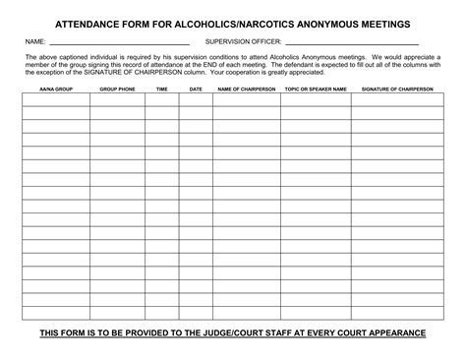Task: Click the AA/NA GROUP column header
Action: pyautogui.click(x=55, y=89)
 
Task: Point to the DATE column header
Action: pyautogui.click(x=196, y=89)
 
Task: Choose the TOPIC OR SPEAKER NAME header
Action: pyautogui.click(x=316, y=89)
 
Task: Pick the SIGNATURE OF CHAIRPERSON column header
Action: pyautogui.click(x=397, y=89)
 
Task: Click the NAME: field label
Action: pyautogui.click(x=34, y=42)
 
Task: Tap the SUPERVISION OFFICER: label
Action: pyautogui.click(x=243, y=42)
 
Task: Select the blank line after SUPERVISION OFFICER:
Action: pyautogui.click(x=351, y=44)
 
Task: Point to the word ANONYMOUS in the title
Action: pyautogui.click(x=317, y=22)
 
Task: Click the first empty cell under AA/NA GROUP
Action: pyautogui.click(x=55, y=100)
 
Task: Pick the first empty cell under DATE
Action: pyautogui.click(x=196, y=100)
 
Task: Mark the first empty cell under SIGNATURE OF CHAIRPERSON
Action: pyautogui.click(x=397, y=100)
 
